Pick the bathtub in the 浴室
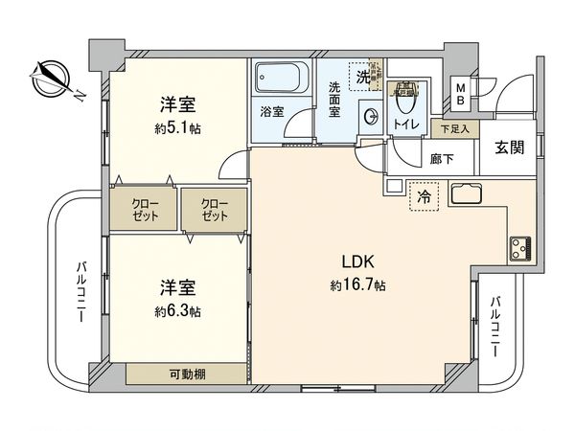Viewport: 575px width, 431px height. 280,76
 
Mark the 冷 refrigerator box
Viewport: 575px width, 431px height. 423,197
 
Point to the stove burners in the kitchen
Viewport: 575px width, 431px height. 522,249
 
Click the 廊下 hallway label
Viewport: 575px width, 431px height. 442,160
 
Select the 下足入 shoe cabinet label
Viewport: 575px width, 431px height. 454,128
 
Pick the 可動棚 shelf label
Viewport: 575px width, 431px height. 189,374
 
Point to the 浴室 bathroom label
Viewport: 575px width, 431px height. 272,112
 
